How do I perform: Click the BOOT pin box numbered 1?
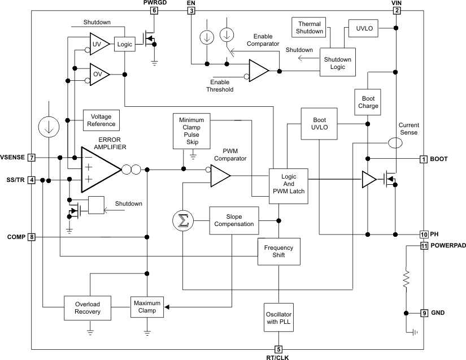click(x=423, y=159)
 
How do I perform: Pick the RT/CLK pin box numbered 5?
click(x=278, y=349)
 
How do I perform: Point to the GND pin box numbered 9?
click(x=423, y=313)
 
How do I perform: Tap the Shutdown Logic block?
click(x=337, y=63)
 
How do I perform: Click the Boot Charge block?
click(x=368, y=102)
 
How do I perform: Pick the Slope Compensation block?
click(x=234, y=220)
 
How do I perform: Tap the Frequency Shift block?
click(x=279, y=251)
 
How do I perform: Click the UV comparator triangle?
click(x=98, y=44)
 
